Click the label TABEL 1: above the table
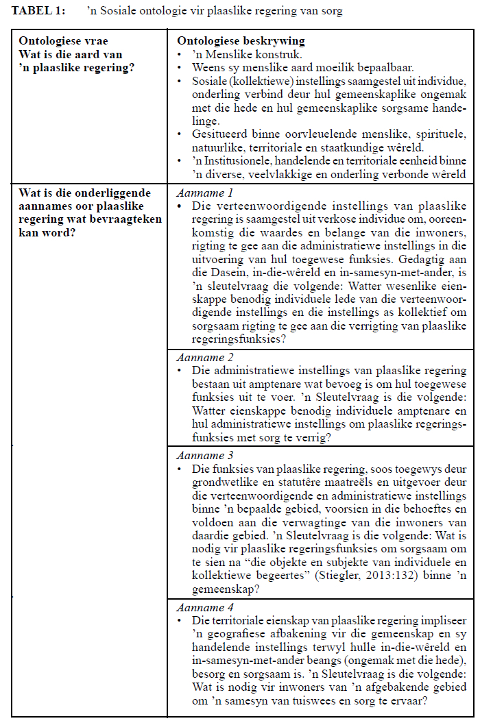coord(38,11)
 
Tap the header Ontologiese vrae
coord(63,42)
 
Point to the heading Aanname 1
coord(204,193)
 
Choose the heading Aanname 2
coord(204,358)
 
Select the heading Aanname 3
coord(204,456)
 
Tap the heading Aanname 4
coord(204,608)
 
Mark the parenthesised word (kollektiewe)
coord(258,82)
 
